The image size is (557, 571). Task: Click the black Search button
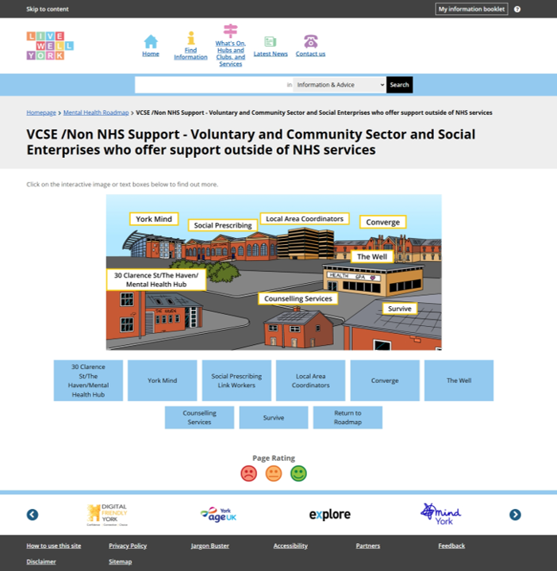click(399, 85)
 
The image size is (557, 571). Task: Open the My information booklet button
click(471, 9)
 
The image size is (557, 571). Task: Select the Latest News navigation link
click(271, 54)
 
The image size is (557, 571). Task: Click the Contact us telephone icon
click(310, 41)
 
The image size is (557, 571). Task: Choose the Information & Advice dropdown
click(339, 85)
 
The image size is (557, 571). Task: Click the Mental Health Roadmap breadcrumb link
click(96, 113)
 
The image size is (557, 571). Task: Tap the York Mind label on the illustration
click(155, 219)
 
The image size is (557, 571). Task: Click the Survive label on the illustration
click(400, 308)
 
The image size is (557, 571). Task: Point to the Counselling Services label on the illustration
click(298, 299)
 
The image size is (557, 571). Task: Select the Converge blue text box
click(385, 381)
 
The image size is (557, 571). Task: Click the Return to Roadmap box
click(348, 417)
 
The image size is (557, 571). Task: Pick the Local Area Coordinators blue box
click(310, 381)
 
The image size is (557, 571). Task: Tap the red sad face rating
click(249, 473)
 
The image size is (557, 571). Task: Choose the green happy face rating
click(298, 473)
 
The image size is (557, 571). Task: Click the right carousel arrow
click(515, 515)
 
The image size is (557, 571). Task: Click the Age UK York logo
click(219, 515)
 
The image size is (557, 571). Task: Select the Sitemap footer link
click(120, 561)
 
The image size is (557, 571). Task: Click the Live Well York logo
click(50, 46)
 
